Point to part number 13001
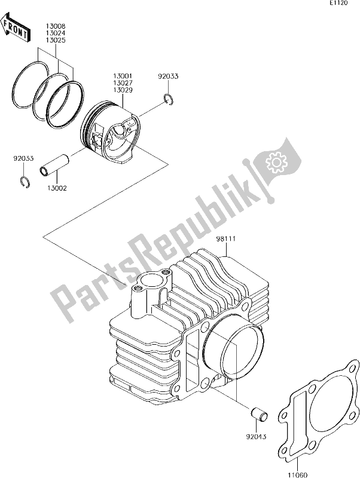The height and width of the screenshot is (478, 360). [x=122, y=76]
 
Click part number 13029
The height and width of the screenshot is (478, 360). [x=122, y=90]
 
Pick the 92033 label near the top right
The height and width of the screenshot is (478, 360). [x=168, y=76]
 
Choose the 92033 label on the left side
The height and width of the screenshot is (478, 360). [x=25, y=159]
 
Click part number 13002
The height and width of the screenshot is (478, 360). [x=57, y=188]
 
